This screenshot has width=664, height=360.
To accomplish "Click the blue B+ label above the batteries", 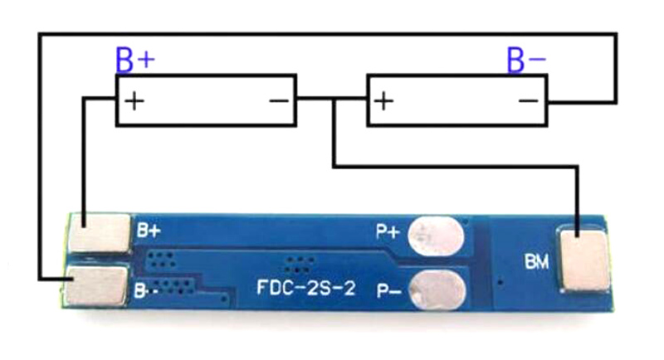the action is pos(135,60).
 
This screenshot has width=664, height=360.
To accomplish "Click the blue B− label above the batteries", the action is pos(526,60).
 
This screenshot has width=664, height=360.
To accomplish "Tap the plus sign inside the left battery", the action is pos(134,101).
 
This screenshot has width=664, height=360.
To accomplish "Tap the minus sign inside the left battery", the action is pos(279,100).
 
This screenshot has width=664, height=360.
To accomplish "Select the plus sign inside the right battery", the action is pos(383,101).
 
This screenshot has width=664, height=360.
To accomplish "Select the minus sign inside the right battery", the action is pos(528,100).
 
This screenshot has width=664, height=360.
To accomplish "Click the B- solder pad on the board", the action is pos(96,285).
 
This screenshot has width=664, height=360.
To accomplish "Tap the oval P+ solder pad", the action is pos(436,236).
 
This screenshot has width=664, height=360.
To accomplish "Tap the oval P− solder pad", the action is pos(438,292).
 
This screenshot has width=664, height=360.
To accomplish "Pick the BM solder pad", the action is pos(585,260).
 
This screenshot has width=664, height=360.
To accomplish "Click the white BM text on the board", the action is pos(536,262).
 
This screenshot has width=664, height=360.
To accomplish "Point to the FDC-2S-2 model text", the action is pos(305,289).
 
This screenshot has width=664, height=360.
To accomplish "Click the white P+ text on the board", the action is pos(388,231).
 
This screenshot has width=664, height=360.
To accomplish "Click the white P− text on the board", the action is pos(388,290).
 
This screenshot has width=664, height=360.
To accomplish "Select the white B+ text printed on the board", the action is pos(149,231).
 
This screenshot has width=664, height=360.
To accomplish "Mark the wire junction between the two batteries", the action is pos(334,100).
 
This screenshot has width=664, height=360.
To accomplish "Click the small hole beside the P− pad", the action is pos(500,281).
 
